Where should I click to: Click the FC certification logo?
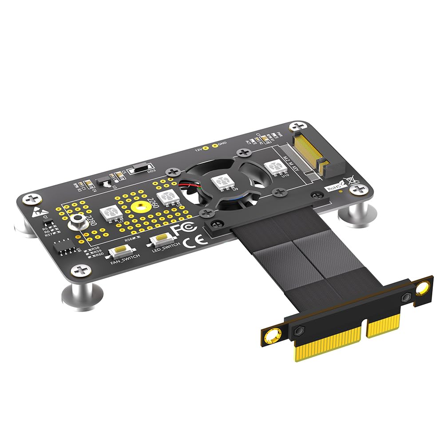(184, 229)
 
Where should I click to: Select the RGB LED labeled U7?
(111, 214)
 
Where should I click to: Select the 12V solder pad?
(206, 147)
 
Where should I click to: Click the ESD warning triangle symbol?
(37, 213)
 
